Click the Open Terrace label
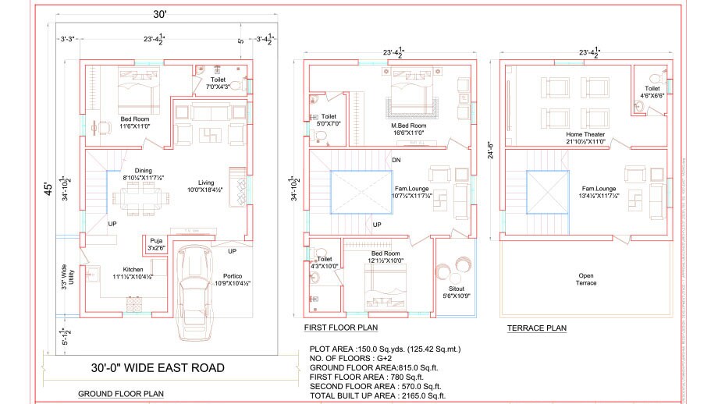click(585, 279)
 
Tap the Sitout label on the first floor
click(455, 290)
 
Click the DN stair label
click(396, 161)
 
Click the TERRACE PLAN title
click(537, 328)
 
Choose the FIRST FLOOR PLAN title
click(340, 328)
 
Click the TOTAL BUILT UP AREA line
click(375, 396)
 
